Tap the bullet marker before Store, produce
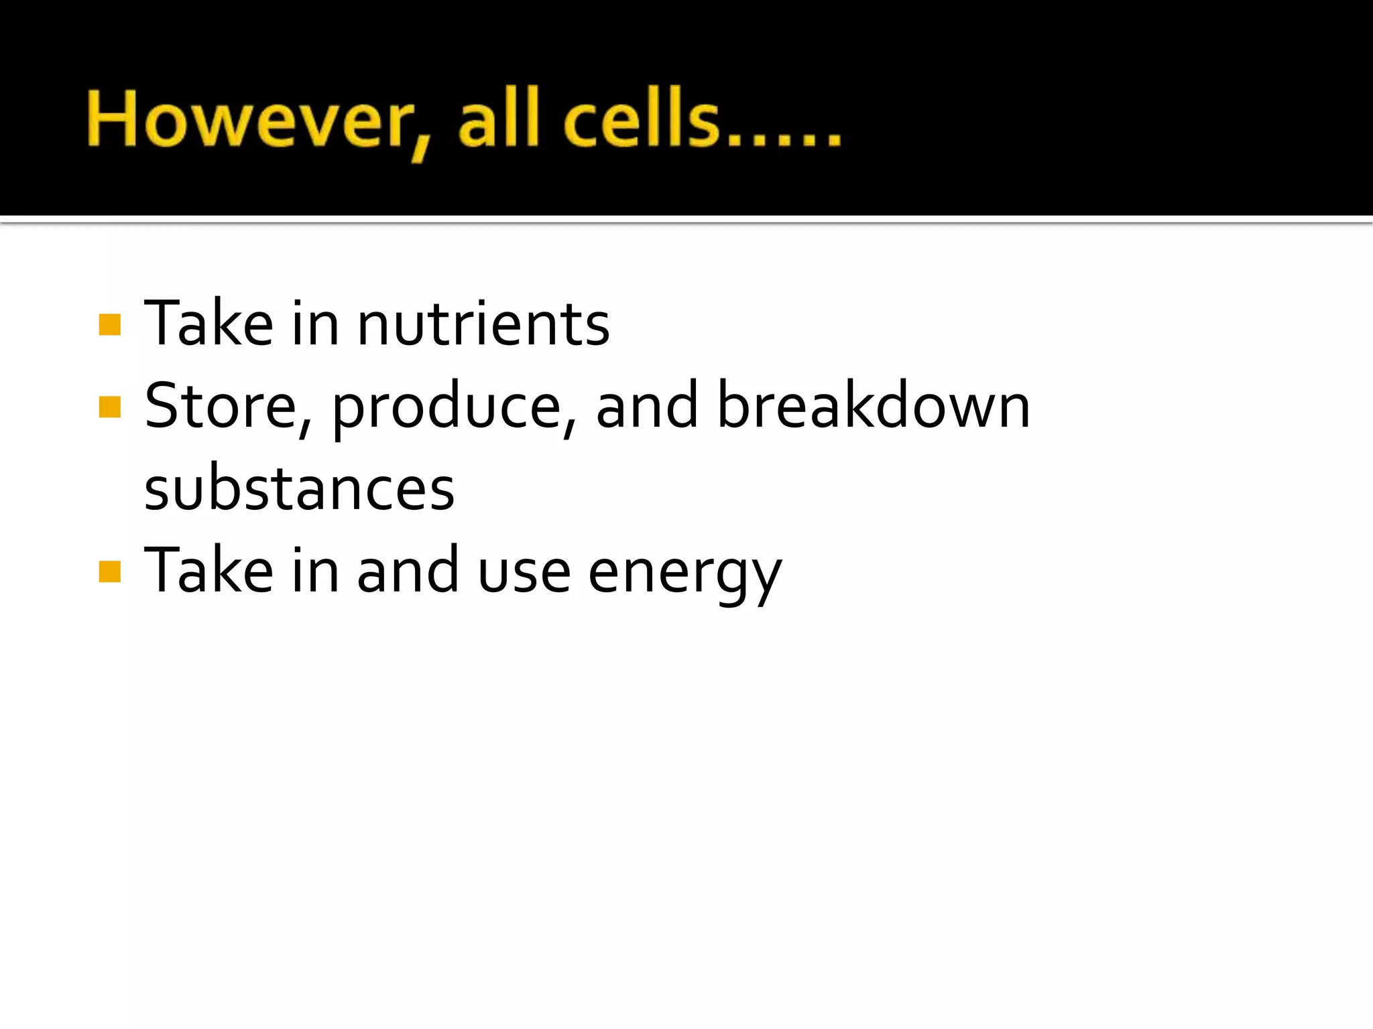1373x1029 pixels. pos(109,407)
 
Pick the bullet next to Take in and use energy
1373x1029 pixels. pos(109,571)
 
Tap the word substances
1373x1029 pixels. pos(299,489)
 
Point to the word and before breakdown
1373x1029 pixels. pos(647,407)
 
